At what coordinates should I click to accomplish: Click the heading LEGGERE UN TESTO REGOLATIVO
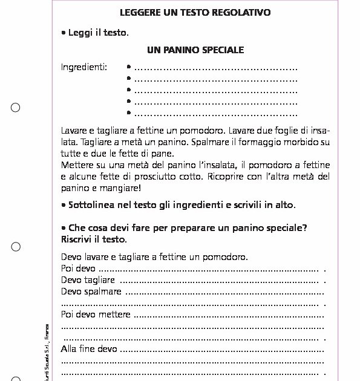point(195,12)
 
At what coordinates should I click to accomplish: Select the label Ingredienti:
point(84,67)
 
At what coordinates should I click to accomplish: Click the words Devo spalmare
point(91,291)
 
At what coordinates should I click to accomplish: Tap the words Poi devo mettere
point(96,314)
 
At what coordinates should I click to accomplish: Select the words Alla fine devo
point(90,349)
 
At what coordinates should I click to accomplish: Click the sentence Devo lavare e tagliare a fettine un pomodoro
point(154,257)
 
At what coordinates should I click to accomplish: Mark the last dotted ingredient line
point(215,113)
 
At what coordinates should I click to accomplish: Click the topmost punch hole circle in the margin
point(16,108)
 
